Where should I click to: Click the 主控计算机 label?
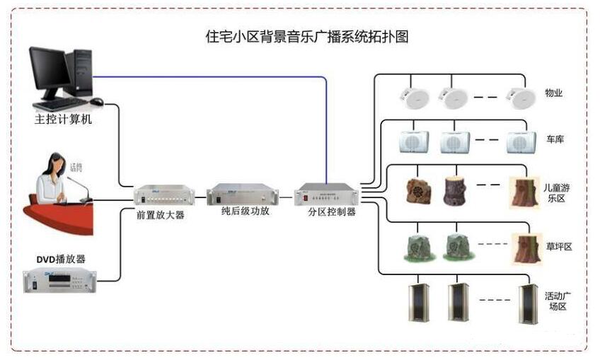click(63, 120)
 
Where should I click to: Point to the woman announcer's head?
click(54, 163)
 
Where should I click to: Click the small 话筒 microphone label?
click(76, 167)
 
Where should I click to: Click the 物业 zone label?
click(553, 93)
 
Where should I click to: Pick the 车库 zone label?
click(555, 140)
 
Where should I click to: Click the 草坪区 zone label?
click(558, 246)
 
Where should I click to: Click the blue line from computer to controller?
click(212, 76)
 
